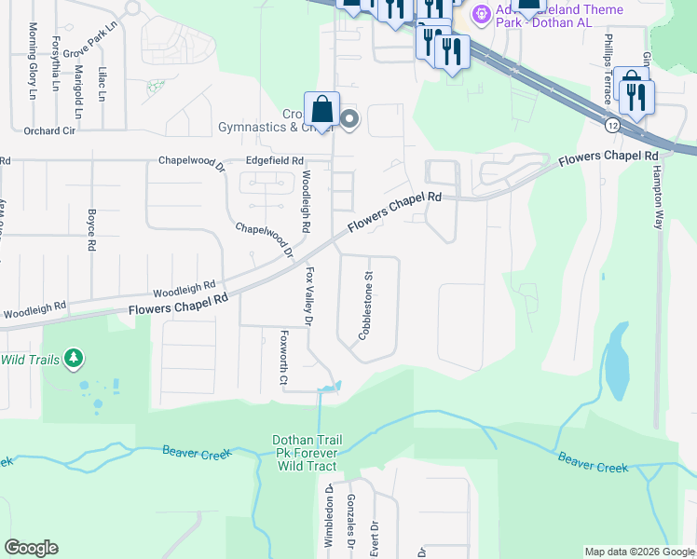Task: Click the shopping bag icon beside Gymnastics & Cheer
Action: pyautogui.click(x=321, y=109)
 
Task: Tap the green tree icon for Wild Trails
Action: pyautogui.click(x=73, y=359)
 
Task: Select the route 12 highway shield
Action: pyautogui.click(x=611, y=124)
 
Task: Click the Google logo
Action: pyautogui.click(x=31, y=548)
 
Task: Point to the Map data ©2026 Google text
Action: pyautogui.click(x=638, y=552)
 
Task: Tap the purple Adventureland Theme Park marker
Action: pyautogui.click(x=481, y=13)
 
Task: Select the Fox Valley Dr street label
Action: pyautogui.click(x=310, y=297)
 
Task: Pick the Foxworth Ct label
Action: pyautogui.click(x=284, y=356)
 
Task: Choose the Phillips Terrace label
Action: pyautogui.click(x=607, y=65)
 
